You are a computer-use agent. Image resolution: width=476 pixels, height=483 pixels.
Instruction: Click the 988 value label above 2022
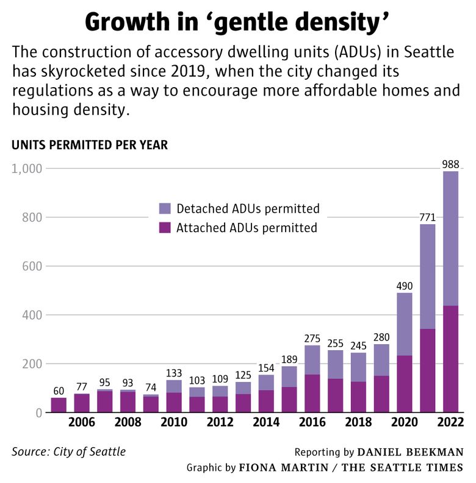click(451, 163)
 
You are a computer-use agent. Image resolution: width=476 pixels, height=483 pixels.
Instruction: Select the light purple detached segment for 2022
click(451, 238)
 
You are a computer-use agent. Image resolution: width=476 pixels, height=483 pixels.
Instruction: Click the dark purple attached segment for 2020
click(405, 384)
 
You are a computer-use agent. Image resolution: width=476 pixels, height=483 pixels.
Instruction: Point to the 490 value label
click(405, 285)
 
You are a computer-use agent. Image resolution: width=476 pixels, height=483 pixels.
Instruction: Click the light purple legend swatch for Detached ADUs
click(165, 209)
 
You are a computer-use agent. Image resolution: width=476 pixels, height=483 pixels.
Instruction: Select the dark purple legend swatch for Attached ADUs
click(165, 228)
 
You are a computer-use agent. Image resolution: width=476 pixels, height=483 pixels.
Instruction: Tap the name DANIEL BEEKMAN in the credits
click(410, 452)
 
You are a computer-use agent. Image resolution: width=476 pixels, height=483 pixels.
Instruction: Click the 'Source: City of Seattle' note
click(68, 452)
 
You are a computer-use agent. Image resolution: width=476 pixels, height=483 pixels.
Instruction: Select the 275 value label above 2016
click(312, 337)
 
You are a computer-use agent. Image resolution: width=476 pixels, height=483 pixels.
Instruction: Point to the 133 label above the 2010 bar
click(175, 372)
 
